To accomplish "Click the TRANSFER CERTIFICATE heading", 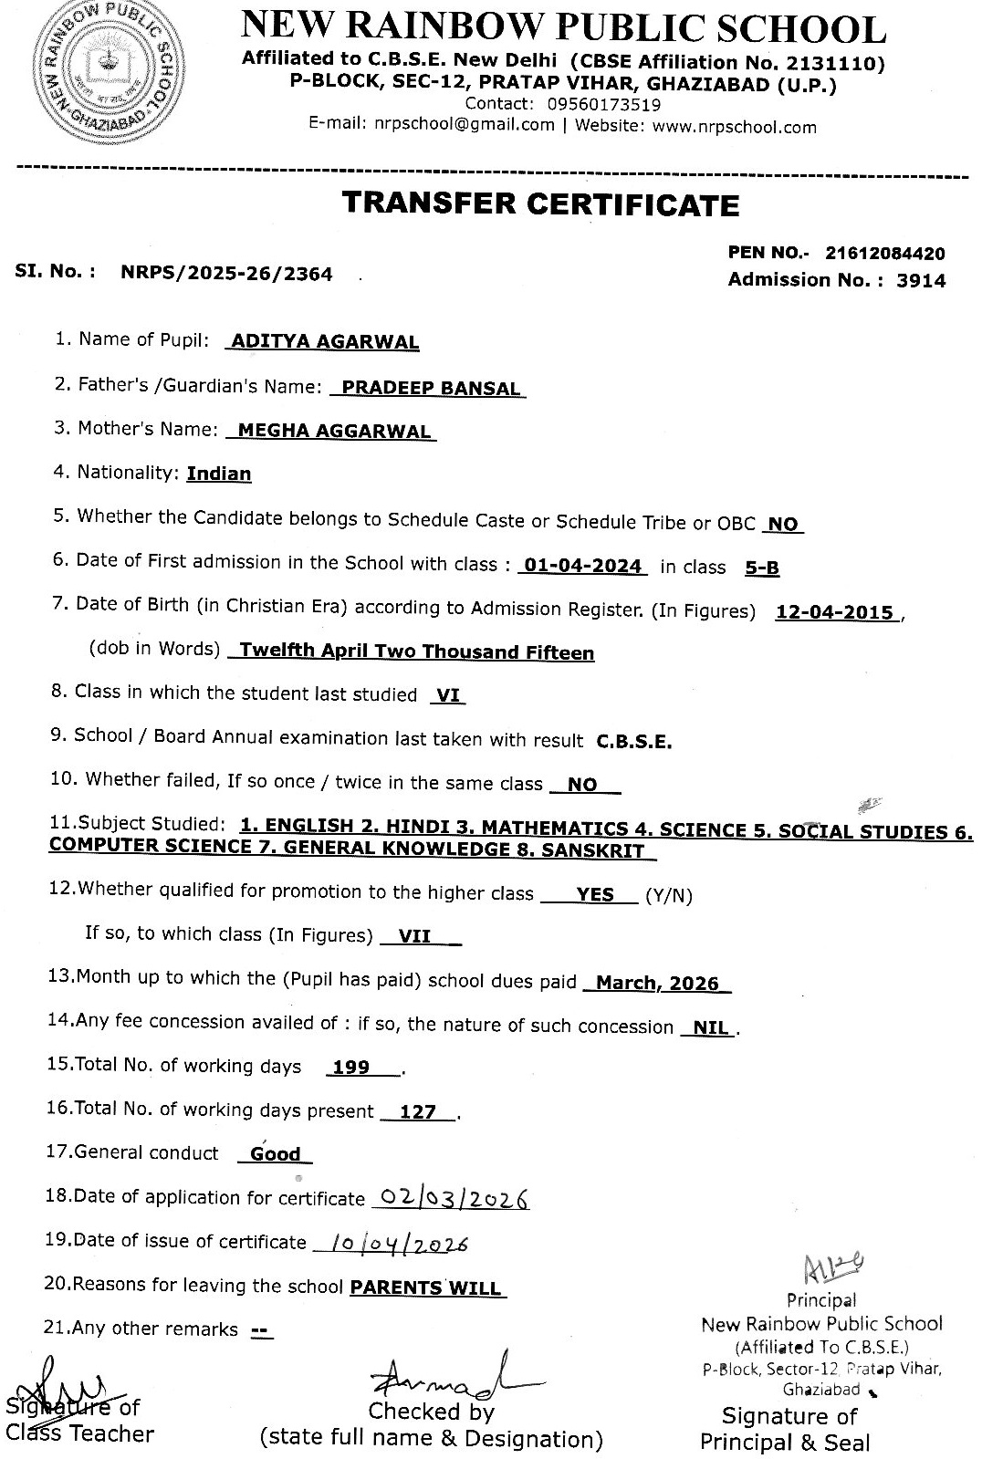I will (x=540, y=203).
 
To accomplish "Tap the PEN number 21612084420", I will (x=884, y=254).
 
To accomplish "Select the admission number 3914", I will (x=921, y=281).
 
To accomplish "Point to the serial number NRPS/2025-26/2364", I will (x=226, y=273).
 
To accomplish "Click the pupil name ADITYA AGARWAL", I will (x=325, y=342).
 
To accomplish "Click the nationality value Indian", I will (x=219, y=474).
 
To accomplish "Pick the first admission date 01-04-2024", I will (x=582, y=566).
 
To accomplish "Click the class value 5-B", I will (x=762, y=568).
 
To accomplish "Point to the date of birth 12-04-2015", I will (x=834, y=612).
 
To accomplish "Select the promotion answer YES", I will (x=595, y=894).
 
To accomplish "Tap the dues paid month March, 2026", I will (x=657, y=983).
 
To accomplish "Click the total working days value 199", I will (x=351, y=1067).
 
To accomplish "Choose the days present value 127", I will (x=418, y=1111).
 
